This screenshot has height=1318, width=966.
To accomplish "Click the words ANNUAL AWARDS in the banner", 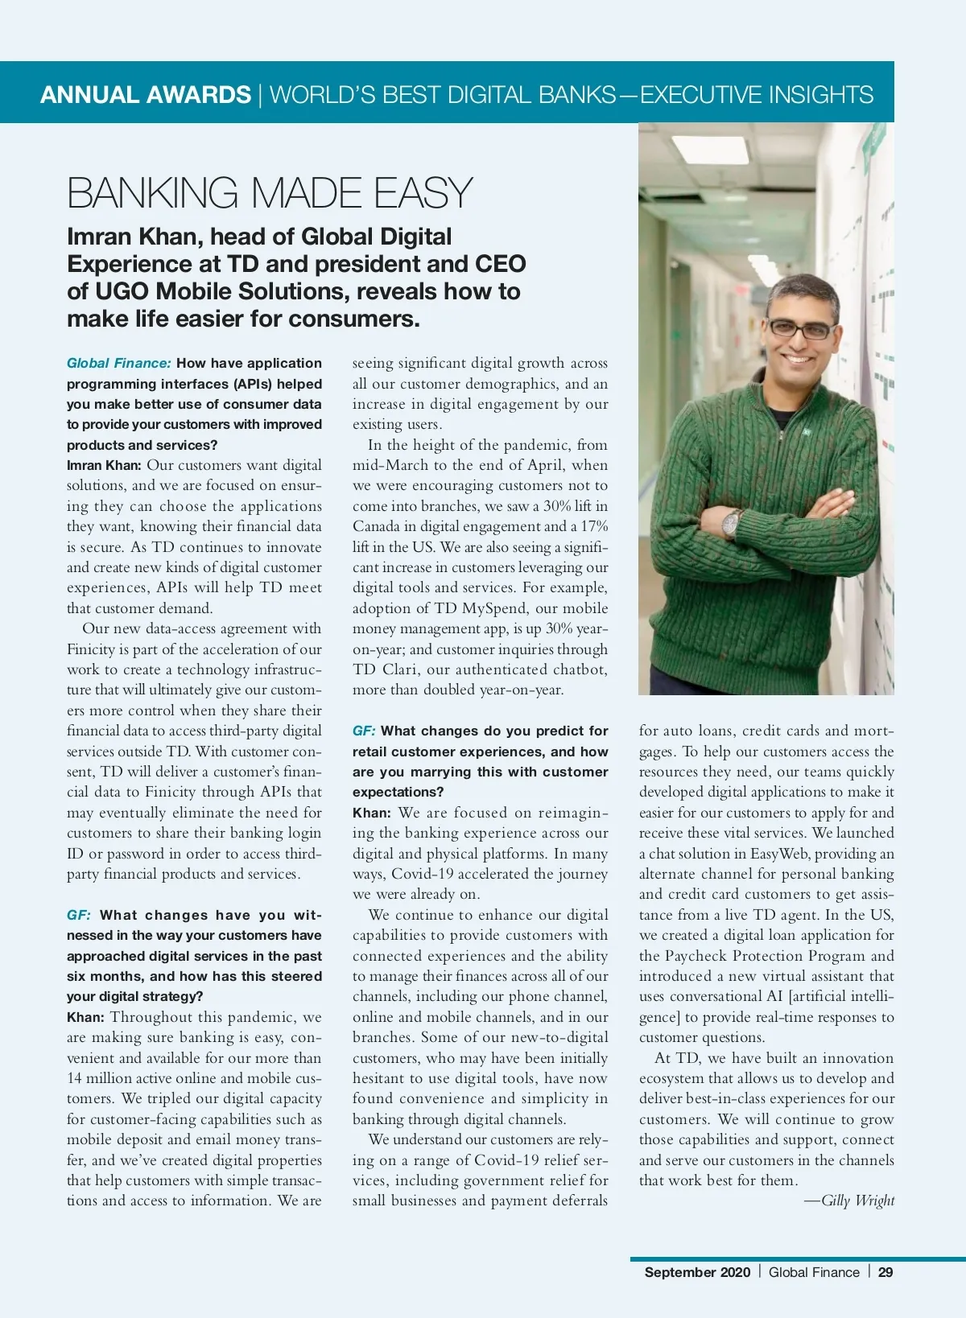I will click(x=146, y=95).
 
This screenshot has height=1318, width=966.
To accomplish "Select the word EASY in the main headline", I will click(x=423, y=193).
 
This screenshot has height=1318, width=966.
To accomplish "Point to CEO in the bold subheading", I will click(x=500, y=264).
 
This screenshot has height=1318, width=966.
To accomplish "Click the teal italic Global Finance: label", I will click(x=119, y=363).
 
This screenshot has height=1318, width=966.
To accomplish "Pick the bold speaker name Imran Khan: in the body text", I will click(x=104, y=465).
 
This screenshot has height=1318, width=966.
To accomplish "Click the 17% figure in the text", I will click(x=594, y=526).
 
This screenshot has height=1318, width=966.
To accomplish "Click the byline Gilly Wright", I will click(x=857, y=1201).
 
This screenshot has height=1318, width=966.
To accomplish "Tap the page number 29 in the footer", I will click(x=885, y=1272).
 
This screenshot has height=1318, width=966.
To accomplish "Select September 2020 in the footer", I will click(x=697, y=1272).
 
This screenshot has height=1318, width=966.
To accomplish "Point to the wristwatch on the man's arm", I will click(x=730, y=524).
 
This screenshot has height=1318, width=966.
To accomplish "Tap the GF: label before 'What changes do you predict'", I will click(x=364, y=731).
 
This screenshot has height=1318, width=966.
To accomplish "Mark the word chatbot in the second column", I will click(x=577, y=669).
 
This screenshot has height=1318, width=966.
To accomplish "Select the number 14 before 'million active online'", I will click(x=74, y=1078).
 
